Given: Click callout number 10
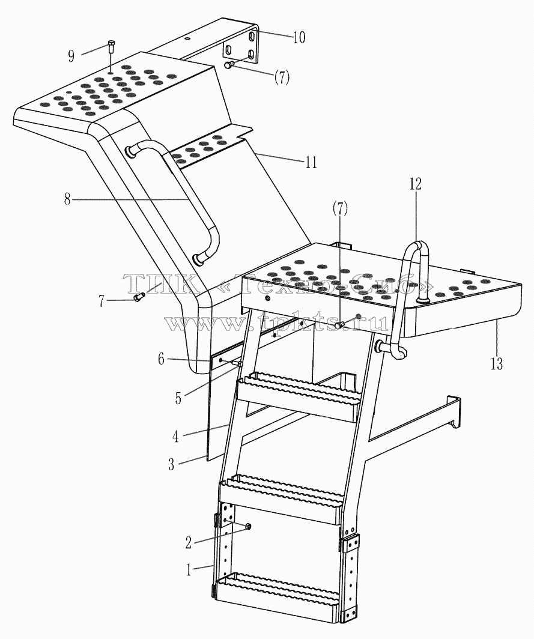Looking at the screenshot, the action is click(299, 37).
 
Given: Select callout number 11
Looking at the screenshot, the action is click(311, 163).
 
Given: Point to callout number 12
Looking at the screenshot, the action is click(416, 184).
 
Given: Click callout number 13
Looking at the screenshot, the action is click(497, 363).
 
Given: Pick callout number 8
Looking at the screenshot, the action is click(67, 199).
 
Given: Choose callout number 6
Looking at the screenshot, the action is click(162, 359).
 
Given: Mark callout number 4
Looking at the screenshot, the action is click(175, 437).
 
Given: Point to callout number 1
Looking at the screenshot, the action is click(189, 570).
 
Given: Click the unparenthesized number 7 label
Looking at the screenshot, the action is click(102, 301).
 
